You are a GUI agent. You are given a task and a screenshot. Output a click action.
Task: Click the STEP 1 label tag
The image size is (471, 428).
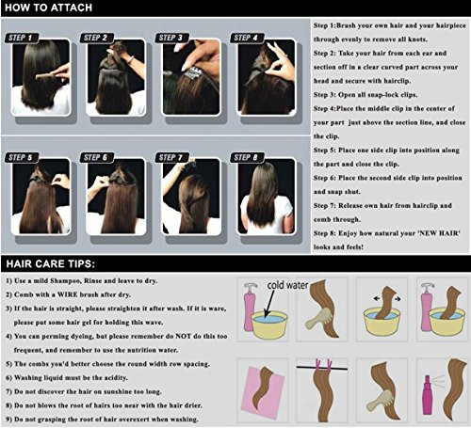[x=22, y=38]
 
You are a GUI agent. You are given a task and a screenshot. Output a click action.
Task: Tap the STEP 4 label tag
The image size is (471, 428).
[x=247, y=38]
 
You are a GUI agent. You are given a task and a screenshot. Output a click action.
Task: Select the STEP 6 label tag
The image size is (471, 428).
[x=97, y=157]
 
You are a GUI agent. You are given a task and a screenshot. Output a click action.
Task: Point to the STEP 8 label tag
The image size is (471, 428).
[x=247, y=157]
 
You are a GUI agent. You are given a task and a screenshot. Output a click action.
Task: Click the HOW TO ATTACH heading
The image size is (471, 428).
[x=49, y=8]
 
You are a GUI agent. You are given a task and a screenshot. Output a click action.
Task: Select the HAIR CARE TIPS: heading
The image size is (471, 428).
[x=51, y=263]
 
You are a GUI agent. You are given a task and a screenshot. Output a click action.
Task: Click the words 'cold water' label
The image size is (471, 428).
[x=287, y=285]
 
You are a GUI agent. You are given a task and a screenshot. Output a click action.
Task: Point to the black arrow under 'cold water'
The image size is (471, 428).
[x=268, y=304]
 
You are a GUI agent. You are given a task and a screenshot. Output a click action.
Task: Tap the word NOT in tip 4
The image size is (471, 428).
[x=184, y=336]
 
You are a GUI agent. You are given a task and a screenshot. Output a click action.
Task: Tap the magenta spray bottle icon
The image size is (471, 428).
[x=427, y=395]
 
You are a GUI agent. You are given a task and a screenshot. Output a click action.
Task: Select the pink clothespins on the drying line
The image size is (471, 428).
[x=323, y=366]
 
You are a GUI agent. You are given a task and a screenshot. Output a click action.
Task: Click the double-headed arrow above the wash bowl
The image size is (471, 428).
[x=387, y=299]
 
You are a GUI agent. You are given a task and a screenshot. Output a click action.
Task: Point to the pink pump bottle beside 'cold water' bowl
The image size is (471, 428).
[x=249, y=308]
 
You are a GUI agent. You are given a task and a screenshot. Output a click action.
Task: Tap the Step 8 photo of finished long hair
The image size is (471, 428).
[x=267, y=197]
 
